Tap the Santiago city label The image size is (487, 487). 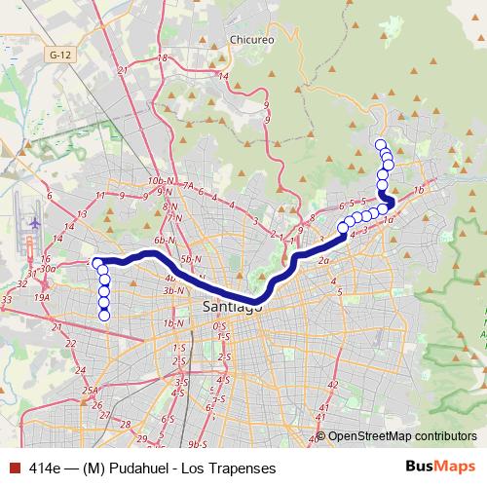click(x=232, y=308)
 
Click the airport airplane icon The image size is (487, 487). click(x=34, y=223)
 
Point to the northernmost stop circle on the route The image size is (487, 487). click(x=380, y=145)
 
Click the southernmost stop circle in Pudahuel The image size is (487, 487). click(x=104, y=314)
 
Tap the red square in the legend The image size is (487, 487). click(x=14, y=468)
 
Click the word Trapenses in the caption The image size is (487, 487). click(x=232, y=468)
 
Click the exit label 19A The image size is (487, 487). click(x=41, y=298)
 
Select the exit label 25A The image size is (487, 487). click(x=91, y=391)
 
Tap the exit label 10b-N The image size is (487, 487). click(x=156, y=182)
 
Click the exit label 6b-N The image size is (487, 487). click(x=163, y=240)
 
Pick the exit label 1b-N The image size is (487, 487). click(x=174, y=323)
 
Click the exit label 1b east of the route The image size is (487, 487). click(x=419, y=190)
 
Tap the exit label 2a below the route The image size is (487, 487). click(x=323, y=261)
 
